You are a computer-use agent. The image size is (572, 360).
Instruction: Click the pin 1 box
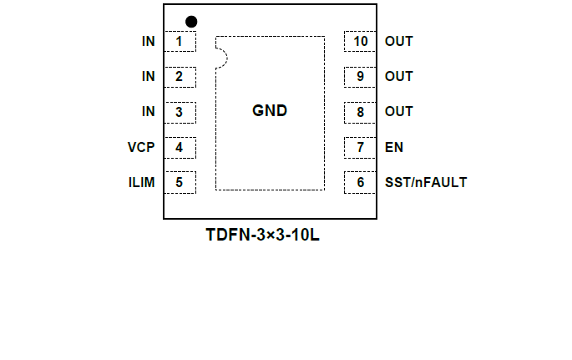click(180, 41)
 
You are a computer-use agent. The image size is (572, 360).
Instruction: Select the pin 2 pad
click(180, 77)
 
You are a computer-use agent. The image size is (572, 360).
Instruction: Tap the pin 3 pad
click(180, 112)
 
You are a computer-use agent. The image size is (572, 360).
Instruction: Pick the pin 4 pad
click(180, 148)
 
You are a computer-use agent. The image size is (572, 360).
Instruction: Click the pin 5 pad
click(180, 182)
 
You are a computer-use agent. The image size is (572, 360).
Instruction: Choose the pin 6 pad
click(361, 182)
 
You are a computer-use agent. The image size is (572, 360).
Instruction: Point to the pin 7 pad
click(361, 148)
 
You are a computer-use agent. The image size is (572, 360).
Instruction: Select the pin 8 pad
click(361, 112)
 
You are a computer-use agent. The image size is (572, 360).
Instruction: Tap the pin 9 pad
click(361, 77)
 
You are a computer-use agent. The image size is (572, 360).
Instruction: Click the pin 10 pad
click(361, 41)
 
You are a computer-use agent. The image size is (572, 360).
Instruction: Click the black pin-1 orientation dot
click(191, 21)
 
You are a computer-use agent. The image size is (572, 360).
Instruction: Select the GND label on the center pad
click(270, 111)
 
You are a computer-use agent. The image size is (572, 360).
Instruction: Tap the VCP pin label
click(141, 148)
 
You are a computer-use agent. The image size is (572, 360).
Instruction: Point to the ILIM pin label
click(141, 182)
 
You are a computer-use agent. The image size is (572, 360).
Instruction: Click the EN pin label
click(394, 148)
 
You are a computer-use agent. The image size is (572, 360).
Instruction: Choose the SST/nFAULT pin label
click(426, 182)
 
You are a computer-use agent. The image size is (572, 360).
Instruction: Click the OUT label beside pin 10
click(399, 41)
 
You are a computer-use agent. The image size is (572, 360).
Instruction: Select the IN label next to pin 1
click(148, 41)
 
